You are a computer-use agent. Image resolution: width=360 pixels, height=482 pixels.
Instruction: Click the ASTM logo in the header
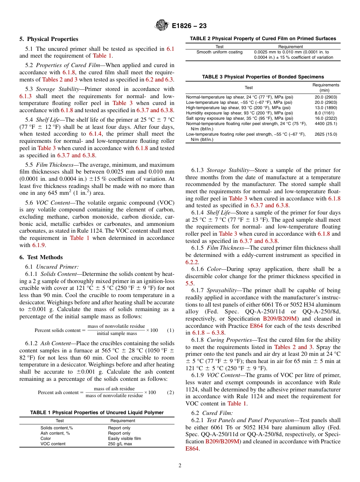point(162,26)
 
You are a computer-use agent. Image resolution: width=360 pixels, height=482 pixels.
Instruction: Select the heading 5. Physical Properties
point(49,39)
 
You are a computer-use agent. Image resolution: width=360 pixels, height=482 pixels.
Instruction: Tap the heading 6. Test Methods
point(41,257)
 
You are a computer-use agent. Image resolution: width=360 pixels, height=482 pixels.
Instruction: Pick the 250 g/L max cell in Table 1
point(120,444)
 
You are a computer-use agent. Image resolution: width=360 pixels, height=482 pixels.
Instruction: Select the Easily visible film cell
point(124,438)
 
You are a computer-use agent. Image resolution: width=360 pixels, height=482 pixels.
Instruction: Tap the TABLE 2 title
point(263,38)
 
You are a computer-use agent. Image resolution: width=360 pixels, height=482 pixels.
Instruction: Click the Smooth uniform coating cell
point(219,52)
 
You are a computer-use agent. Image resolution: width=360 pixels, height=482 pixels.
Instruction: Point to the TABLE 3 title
point(263,77)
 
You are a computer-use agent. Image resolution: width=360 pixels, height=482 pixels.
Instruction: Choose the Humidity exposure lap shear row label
point(239,113)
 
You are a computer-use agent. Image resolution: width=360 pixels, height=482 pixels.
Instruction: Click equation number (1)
point(171,330)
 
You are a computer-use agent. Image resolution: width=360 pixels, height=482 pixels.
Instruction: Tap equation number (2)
point(171,392)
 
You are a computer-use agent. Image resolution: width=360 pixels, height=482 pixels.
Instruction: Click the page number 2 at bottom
point(180,466)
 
